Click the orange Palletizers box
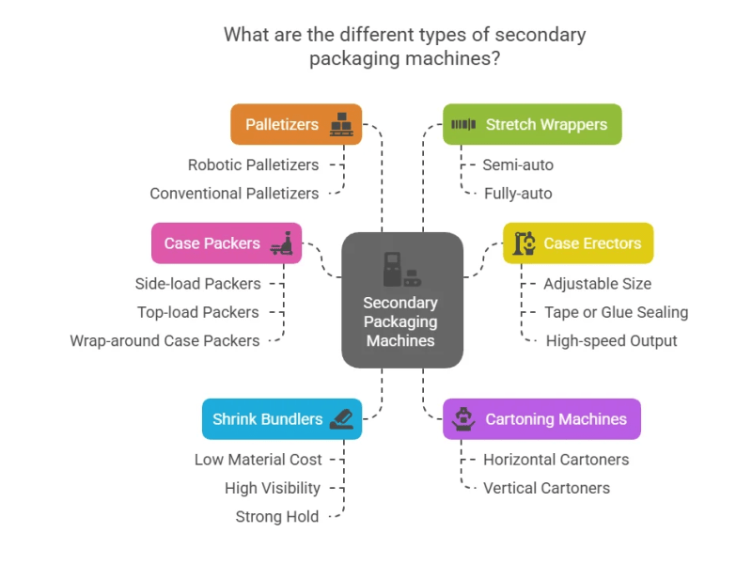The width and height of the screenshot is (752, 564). pyautogui.click(x=295, y=124)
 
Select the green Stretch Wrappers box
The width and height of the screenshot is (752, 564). pyautogui.click(x=532, y=124)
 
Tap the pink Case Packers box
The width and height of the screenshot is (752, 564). pyautogui.click(x=226, y=243)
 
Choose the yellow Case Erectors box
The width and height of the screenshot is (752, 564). pyautogui.click(x=577, y=243)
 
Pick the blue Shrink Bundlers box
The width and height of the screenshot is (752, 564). pyautogui.click(x=281, y=419)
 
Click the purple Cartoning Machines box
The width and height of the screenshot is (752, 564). pyautogui.click(x=541, y=419)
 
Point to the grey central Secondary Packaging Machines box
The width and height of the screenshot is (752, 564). pyautogui.click(x=401, y=299)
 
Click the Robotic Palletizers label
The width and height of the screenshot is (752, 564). pyautogui.click(x=253, y=164)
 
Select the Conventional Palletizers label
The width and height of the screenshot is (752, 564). pyautogui.click(x=234, y=193)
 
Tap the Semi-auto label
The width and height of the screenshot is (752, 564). pyautogui.click(x=518, y=164)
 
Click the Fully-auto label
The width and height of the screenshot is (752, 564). pyautogui.click(x=518, y=193)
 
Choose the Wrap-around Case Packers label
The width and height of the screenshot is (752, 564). pyautogui.click(x=164, y=340)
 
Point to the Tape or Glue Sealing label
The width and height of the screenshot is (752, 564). pyautogui.click(x=616, y=312)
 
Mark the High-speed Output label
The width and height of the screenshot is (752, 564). pyautogui.click(x=611, y=340)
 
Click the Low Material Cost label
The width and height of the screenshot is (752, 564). pyautogui.click(x=258, y=460)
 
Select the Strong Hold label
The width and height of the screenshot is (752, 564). pyautogui.click(x=277, y=516)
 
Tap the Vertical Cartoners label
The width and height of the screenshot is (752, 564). pyautogui.click(x=546, y=488)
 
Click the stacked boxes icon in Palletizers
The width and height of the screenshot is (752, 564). pyautogui.click(x=340, y=124)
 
